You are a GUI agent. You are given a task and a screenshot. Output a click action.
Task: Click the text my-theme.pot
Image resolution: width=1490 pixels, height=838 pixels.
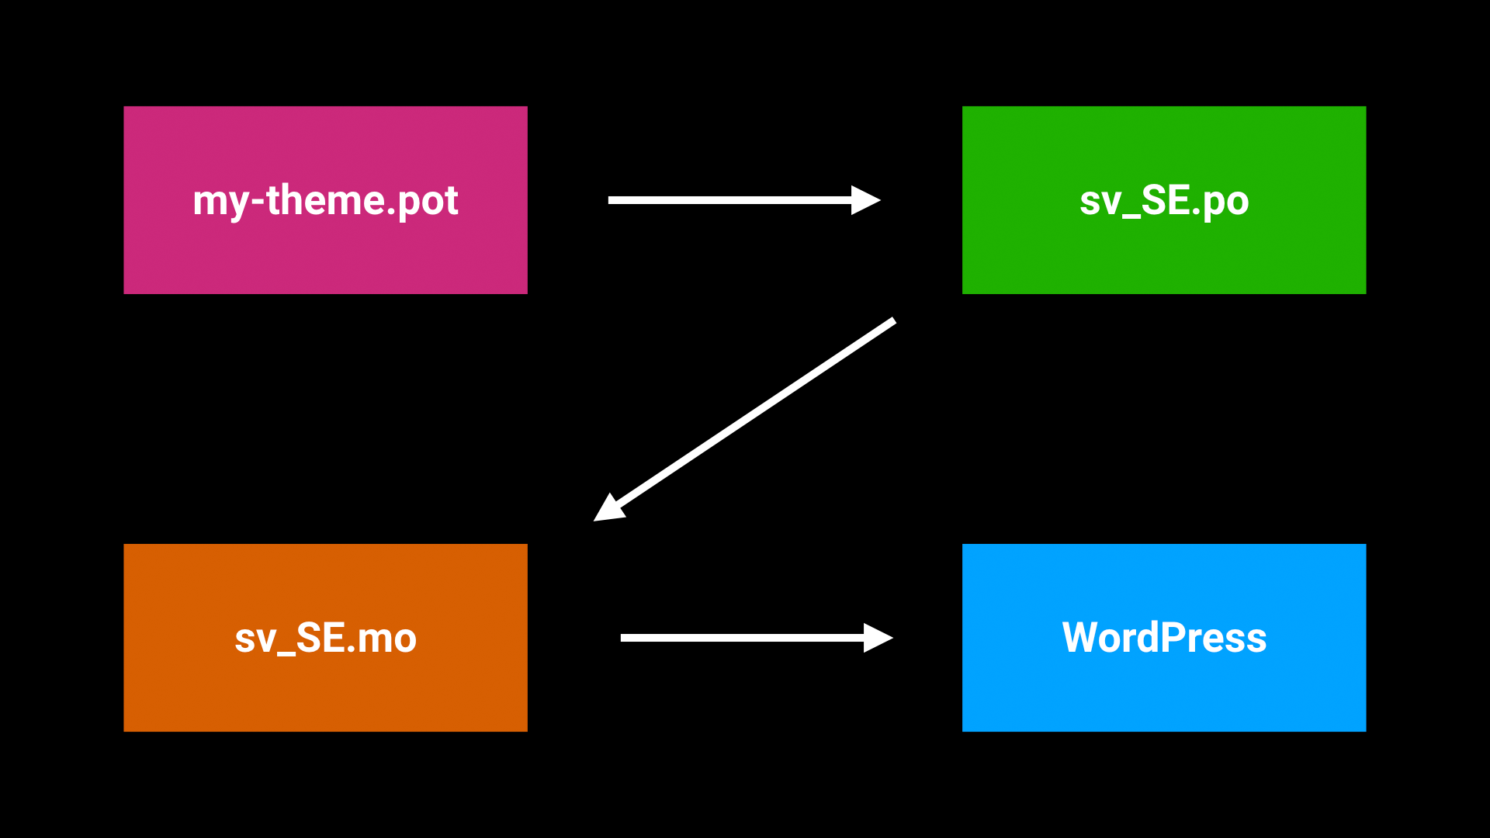click(325, 200)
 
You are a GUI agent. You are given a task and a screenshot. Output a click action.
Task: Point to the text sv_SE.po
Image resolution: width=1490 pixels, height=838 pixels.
click(1163, 200)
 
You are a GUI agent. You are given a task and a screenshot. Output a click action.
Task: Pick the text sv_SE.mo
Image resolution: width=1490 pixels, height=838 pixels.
click(325, 638)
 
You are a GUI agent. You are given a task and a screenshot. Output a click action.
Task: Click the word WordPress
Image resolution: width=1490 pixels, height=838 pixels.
click(1163, 638)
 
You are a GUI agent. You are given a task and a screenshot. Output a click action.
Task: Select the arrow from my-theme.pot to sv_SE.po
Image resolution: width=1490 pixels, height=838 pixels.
click(729, 200)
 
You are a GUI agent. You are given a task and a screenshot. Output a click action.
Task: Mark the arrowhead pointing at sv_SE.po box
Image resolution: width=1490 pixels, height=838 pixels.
click(865, 200)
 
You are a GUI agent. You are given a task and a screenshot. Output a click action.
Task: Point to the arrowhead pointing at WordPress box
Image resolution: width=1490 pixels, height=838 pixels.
click(877, 638)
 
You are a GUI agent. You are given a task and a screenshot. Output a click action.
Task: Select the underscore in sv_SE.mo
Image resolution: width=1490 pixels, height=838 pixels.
click(286, 653)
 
